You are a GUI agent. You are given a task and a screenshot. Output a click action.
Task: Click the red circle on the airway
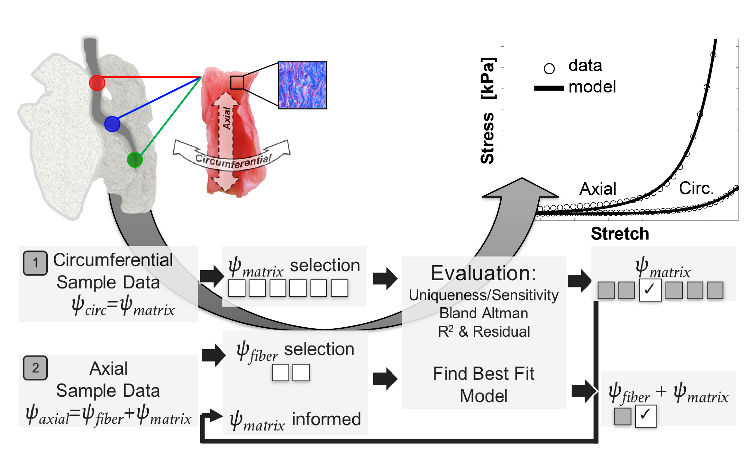[x=97, y=83]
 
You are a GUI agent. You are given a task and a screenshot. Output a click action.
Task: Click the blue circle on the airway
[x=112, y=124]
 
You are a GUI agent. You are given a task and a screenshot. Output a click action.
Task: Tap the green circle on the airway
[x=135, y=160]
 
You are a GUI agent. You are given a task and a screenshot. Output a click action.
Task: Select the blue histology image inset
[x=302, y=85]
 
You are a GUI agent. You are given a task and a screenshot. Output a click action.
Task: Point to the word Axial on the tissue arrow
[x=226, y=118]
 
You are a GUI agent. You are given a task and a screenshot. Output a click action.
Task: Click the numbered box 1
[x=35, y=263]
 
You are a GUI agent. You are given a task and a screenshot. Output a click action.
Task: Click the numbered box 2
[x=35, y=368]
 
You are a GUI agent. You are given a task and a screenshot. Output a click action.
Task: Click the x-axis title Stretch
[x=620, y=234]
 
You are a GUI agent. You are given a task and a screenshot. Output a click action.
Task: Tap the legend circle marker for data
[x=549, y=68]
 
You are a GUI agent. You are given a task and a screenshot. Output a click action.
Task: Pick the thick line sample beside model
[x=549, y=88]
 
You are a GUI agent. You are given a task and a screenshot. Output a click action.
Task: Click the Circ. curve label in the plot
[x=696, y=188]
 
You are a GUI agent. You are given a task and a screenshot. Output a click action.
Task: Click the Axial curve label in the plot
[x=598, y=189]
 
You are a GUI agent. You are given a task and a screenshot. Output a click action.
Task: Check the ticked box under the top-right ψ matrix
[x=650, y=290]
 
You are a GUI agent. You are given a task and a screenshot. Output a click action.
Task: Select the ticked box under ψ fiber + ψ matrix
[x=646, y=416]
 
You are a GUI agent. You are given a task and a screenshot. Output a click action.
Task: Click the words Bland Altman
[x=484, y=313]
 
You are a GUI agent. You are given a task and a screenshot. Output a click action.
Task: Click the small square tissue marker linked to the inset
[x=237, y=82]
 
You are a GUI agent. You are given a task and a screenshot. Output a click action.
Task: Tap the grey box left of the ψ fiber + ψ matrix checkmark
[x=622, y=416]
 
